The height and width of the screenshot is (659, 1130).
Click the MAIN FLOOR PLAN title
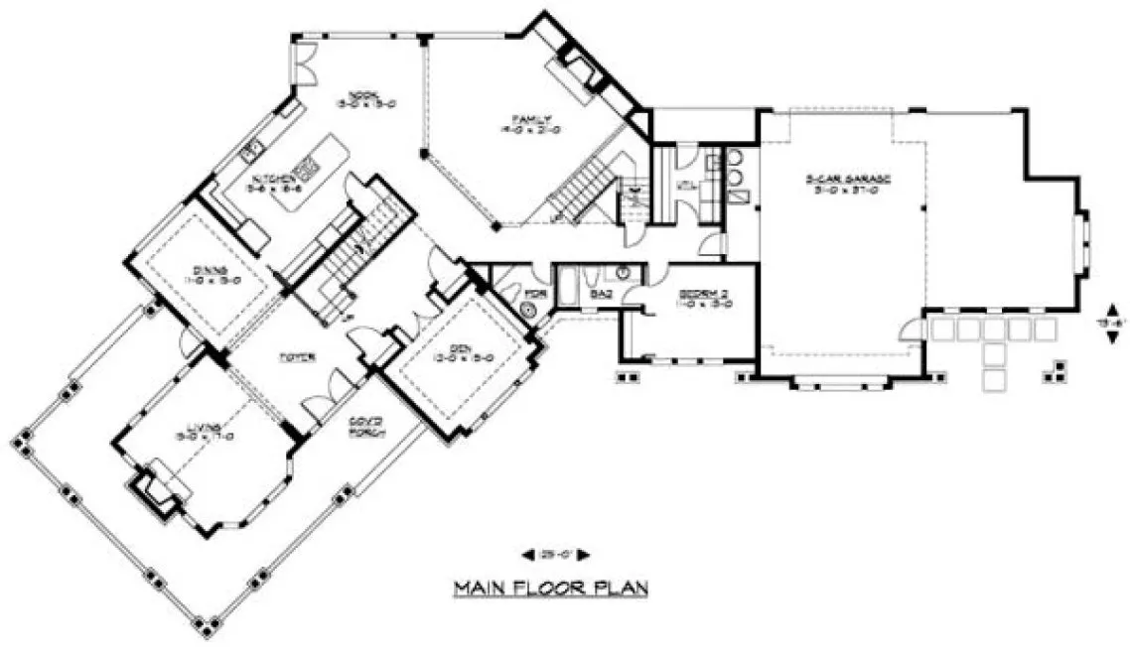point(551,589)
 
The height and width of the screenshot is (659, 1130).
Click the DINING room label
point(210,274)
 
